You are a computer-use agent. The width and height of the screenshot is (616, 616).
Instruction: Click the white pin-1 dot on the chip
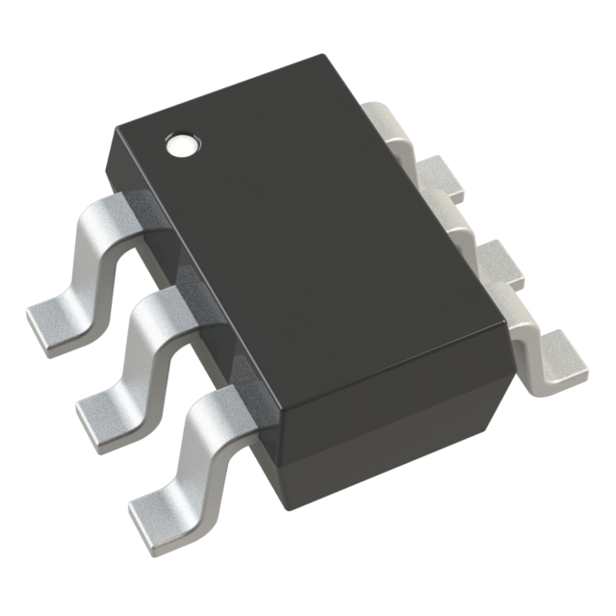(x=181, y=145)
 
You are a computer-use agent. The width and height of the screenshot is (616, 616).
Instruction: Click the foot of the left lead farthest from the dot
(x=154, y=500)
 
